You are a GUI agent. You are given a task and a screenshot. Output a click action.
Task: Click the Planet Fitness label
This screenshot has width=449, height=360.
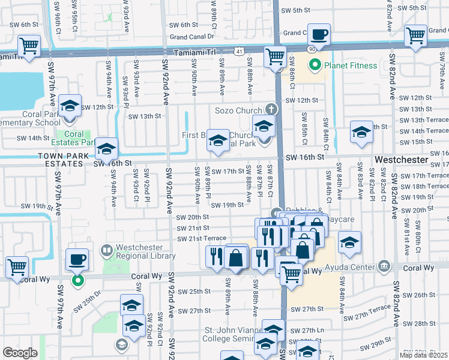[x=351, y=65]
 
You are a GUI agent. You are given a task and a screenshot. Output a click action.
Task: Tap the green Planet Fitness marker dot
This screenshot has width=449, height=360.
[x=313, y=65]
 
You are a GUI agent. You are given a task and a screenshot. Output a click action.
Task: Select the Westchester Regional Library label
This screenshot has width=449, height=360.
[x=144, y=250]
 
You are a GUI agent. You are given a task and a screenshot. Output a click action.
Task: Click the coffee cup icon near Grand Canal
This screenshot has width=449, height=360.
[x=319, y=35]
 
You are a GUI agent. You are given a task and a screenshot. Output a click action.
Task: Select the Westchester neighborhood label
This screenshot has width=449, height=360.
[x=402, y=161]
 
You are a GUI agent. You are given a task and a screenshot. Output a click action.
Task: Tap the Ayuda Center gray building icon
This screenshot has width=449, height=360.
[x=385, y=266]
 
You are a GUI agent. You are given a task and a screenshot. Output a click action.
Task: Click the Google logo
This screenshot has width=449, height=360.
[x=20, y=353]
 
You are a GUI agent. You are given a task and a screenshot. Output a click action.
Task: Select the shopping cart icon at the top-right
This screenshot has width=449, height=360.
[x=415, y=35]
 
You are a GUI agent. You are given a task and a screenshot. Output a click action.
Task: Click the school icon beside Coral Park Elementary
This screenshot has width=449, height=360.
[x=70, y=107]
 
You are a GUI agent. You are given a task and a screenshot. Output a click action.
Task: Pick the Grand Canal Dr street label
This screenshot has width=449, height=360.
[x=193, y=37]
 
